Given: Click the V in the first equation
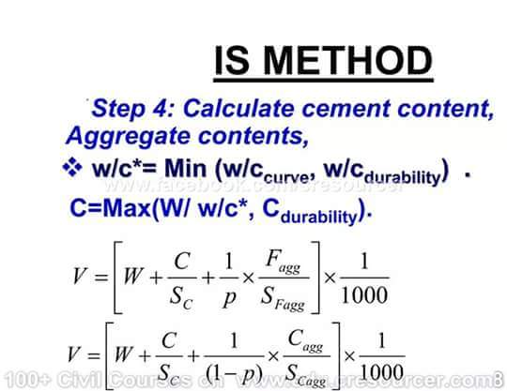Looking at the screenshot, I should point(82,276).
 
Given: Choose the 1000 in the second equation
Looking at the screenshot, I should point(383,372).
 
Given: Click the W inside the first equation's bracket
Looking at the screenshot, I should point(132,278).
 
